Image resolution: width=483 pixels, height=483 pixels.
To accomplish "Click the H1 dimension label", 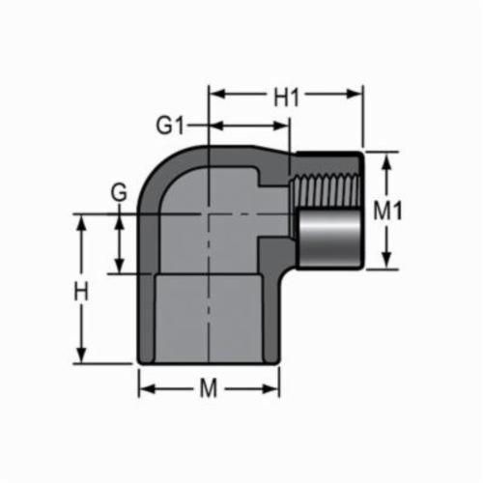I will tap(286, 97).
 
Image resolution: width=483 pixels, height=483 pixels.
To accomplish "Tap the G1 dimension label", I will tap(170, 126).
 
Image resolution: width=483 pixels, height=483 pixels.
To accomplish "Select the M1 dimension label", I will tap(388, 212).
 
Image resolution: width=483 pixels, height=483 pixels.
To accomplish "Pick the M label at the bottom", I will tap(208, 389).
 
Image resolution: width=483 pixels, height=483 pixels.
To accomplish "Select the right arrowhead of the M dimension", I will tap(274, 389).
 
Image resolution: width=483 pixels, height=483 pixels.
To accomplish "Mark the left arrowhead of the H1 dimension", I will tap(215, 96).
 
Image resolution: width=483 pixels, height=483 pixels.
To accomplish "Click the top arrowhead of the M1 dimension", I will tap(386, 158).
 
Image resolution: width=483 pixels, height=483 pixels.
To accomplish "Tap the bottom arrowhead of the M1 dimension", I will tap(386, 264).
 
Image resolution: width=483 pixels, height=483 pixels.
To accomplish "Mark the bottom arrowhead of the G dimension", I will tap(120, 268).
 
